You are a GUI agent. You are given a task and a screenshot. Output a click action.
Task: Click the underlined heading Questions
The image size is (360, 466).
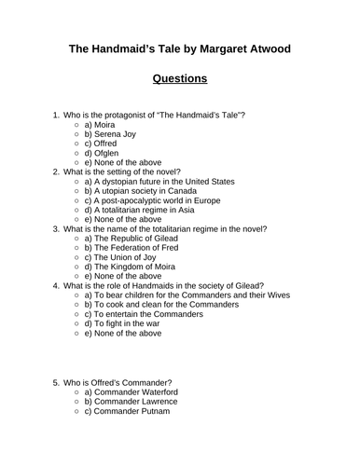pos(179,78)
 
